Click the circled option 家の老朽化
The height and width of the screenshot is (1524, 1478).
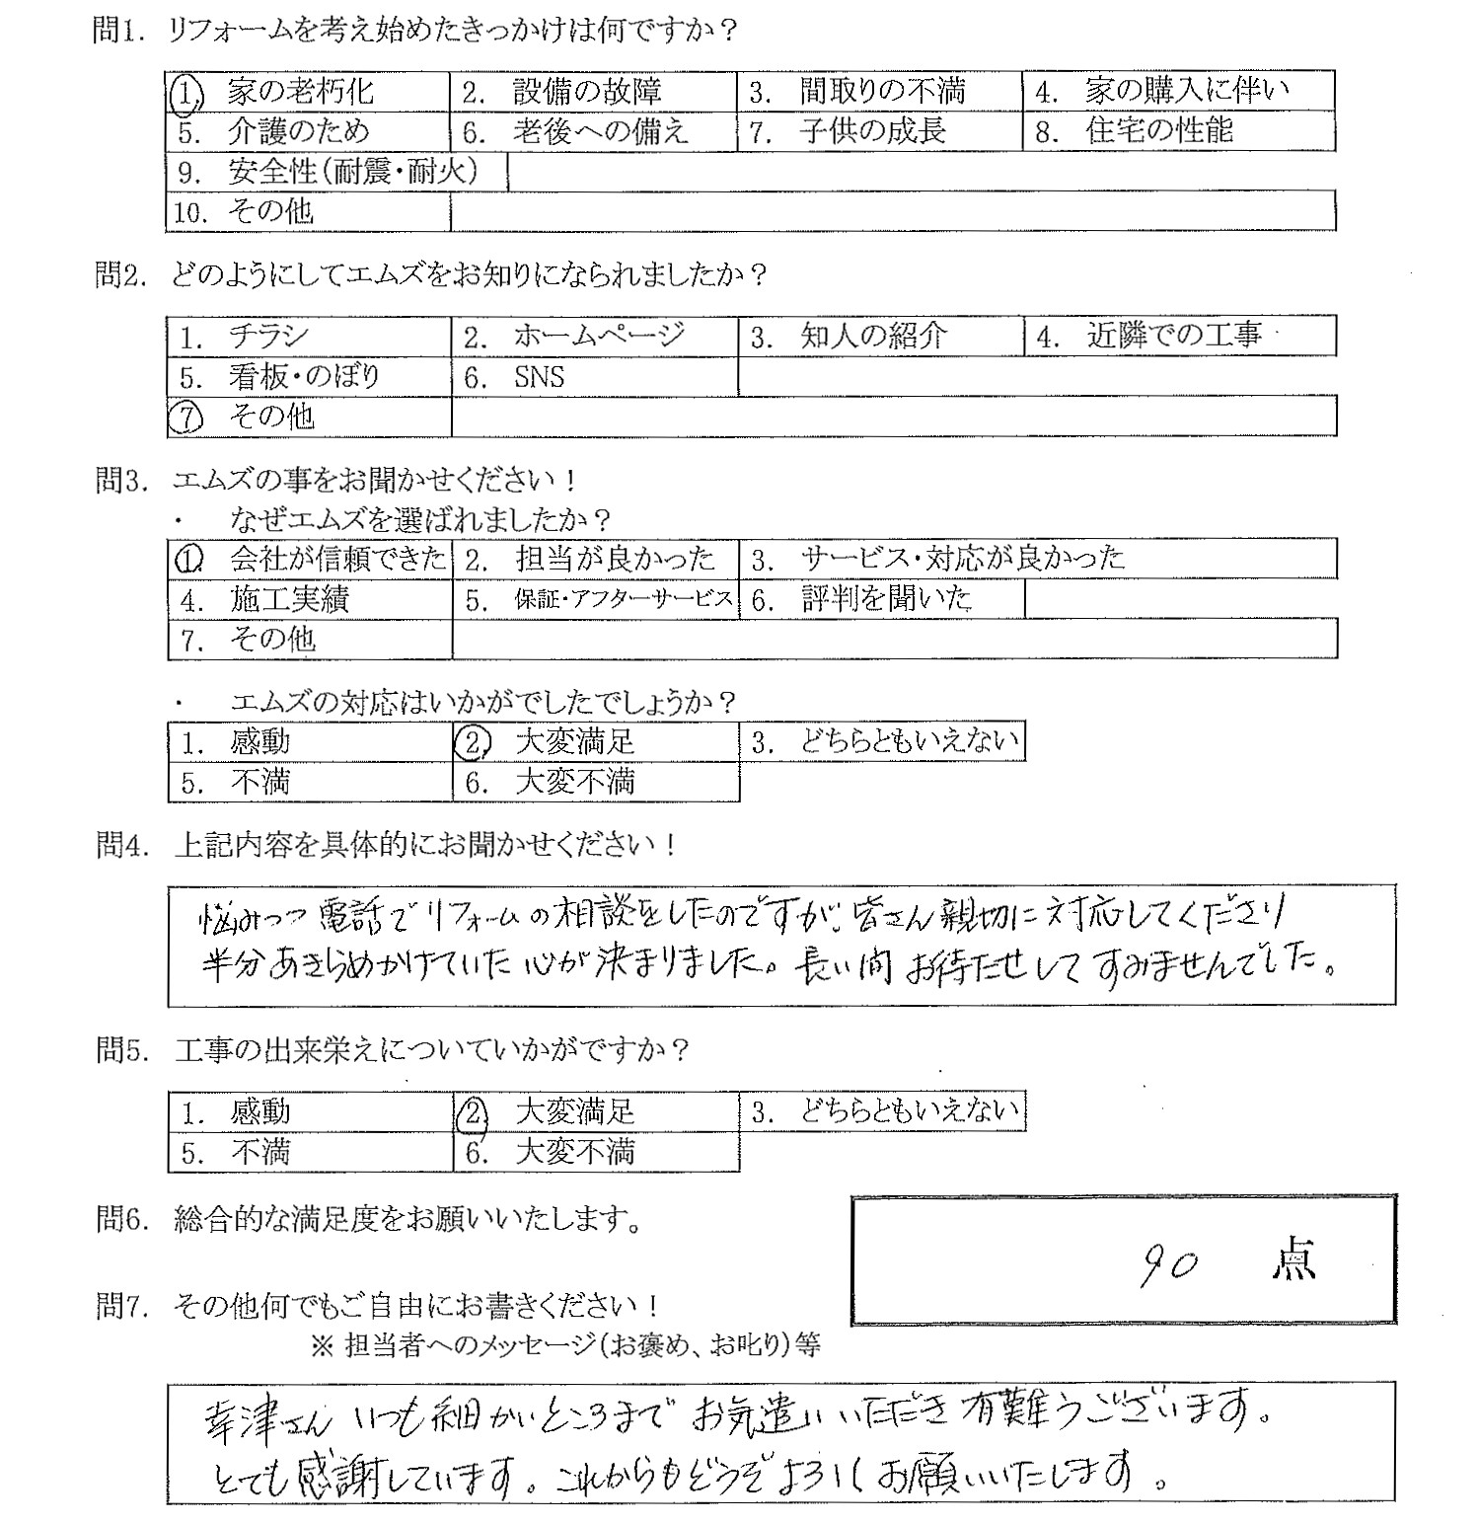[300, 92]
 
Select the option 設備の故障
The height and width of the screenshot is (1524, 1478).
[586, 92]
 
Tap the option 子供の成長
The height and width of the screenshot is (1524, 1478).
[872, 131]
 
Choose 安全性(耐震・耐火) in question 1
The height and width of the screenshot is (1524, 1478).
[352, 172]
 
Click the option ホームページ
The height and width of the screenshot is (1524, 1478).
[598, 337]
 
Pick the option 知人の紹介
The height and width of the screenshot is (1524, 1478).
[873, 337]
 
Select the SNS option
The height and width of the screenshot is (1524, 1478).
[539, 377]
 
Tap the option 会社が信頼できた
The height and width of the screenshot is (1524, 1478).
[337, 559]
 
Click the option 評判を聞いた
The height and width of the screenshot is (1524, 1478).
[886, 599]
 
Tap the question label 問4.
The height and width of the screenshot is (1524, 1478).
[119, 845]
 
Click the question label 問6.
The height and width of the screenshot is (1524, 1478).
[119, 1220]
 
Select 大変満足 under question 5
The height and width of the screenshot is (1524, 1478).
[575, 1112]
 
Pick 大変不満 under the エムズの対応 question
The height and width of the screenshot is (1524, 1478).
[575, 783]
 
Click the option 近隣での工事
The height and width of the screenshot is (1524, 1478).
[1173, 337]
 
